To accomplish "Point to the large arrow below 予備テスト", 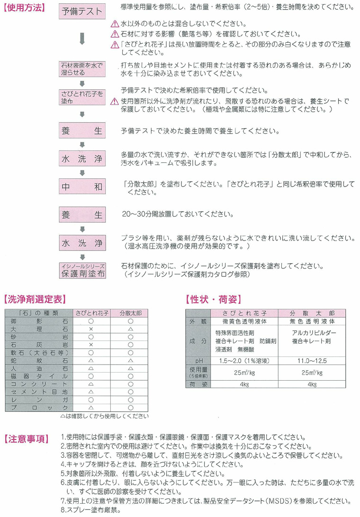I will pyautogui.click(x=82, y=38).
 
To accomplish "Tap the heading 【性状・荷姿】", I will pyautogui.click(x=213, y=299).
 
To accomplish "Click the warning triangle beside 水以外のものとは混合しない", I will pyautogui.click(x=114, y=24).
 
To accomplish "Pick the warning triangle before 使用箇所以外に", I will pyautogui.click(x=114, y=101).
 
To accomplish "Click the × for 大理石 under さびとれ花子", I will pyautogui.click(x=92, y=329).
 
